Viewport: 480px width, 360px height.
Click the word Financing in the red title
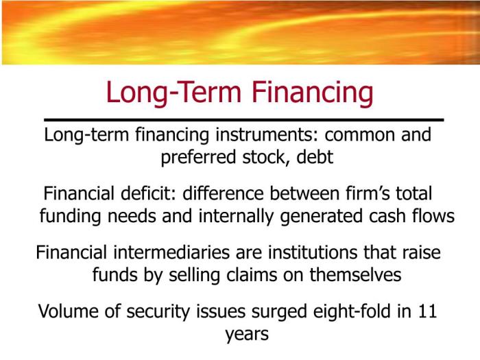[311, 93]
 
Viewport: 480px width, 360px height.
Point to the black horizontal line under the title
[243, 120]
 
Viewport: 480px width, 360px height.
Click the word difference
[227, 194]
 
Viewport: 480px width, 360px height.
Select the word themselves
[352, 275]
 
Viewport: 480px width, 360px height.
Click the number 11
[426, 312]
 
